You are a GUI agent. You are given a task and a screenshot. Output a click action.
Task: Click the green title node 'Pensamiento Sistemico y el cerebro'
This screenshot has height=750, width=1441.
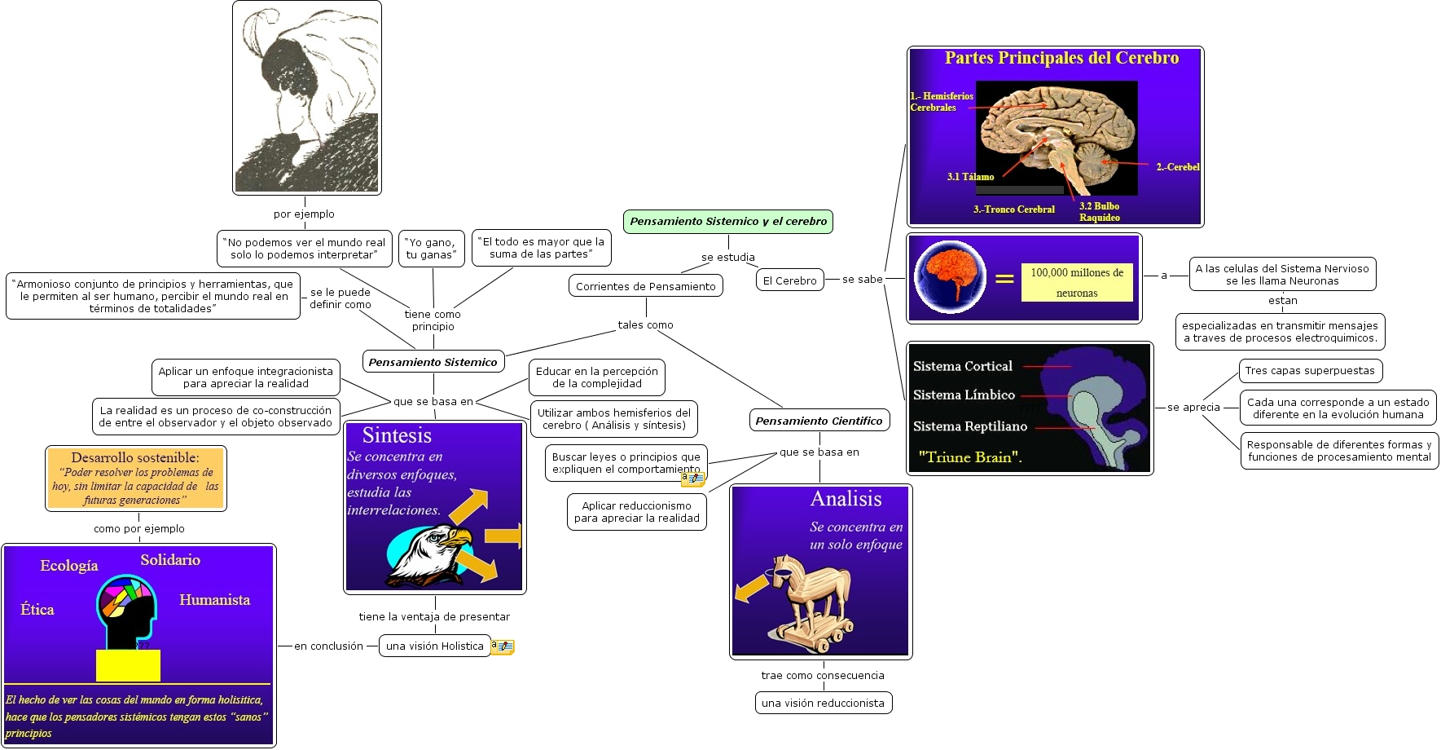pyautogui.click(x=728, y=222)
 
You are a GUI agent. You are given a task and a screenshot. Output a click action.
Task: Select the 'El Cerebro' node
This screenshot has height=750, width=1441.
pyautogui.click(x=789, y=280)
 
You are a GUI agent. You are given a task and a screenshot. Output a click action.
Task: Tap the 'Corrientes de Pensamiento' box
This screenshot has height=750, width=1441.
pyautogui.click(x=645, y=286)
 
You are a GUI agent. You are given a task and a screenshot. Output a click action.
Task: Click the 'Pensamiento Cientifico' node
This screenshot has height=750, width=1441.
pyautogui.click(x=819, y=421)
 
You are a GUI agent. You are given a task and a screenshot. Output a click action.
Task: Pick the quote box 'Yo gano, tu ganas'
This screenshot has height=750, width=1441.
pyautogui.click(x=432, y=249)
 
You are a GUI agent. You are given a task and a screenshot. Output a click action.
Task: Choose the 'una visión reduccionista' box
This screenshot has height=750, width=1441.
pyautogui.click(x=823, y=703)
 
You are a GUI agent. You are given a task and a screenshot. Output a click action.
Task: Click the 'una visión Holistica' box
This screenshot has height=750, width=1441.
pyautogui.click(x=435, y=646)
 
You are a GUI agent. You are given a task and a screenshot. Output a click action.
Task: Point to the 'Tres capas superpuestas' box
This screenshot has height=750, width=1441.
pyautogui.click(x=1310, y=371)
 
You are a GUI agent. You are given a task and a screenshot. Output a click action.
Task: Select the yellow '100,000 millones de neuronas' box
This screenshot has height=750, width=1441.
pyautogui.click(x=1077, y=282)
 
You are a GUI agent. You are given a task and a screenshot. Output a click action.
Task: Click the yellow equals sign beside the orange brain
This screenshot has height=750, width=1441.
pyautogui.click(x=1004, y=279)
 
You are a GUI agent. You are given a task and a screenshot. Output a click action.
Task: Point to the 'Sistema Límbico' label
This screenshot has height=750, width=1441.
pyautogui.click(x=964, y=395)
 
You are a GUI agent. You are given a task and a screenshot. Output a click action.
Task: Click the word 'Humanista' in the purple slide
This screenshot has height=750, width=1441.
pyautogui.click(x=214, y=600)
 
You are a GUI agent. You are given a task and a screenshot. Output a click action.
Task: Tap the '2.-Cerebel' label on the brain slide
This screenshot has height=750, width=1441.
pyautogui.click(x=1178, y=167)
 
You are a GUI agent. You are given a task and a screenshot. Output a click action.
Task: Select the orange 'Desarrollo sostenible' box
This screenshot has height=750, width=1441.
pyautogui.click(x=135, y=479)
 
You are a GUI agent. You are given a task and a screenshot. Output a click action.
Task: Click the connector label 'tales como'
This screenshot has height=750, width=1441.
pyautogui.click(x=645, y=324)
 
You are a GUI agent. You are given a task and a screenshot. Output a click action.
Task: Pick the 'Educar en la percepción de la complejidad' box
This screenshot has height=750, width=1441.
pyautogui.click(x=596, y=377)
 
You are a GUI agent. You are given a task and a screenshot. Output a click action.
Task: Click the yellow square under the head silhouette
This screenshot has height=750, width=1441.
pyautogui.click(x=128, y=665)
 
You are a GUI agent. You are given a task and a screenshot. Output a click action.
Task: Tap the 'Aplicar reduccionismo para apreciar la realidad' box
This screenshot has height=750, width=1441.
pyautogui.click(x=636, y=512)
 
